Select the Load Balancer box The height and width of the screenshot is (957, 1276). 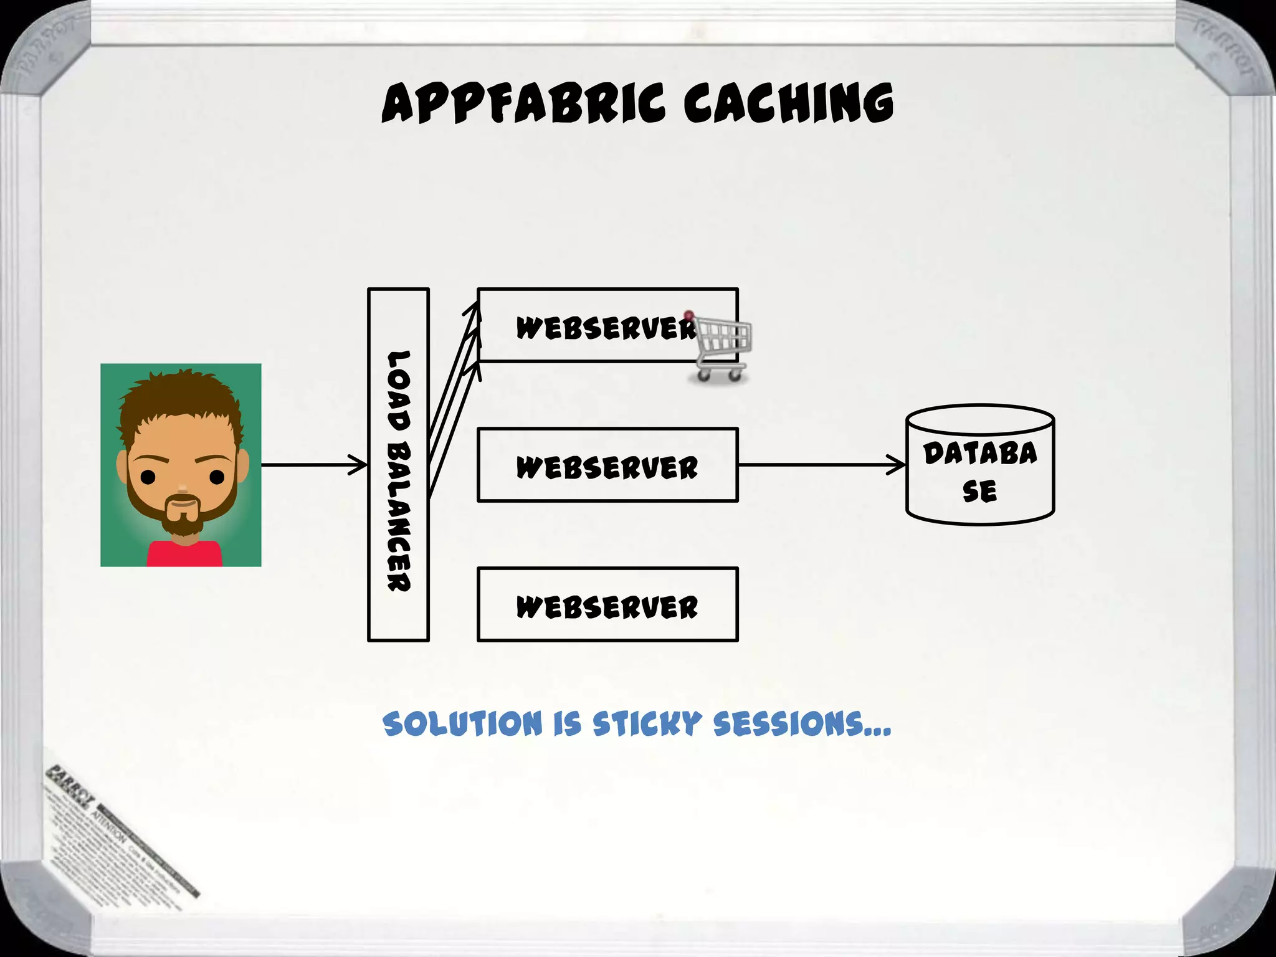(x=398, y=464)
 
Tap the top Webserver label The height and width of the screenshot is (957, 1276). (x=604, y=328)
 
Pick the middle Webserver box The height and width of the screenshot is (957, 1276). (x=607, y=465)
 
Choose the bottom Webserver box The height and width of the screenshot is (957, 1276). (x=607, y=604)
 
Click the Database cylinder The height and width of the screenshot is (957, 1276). (x=980, y=465)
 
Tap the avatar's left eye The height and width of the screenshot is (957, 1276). (x=148, y=477)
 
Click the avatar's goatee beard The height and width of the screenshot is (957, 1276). (x=182, y=517)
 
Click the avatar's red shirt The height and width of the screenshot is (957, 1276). (x=184, y=555)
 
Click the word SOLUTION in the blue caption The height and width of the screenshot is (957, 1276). (x=462, y=724)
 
